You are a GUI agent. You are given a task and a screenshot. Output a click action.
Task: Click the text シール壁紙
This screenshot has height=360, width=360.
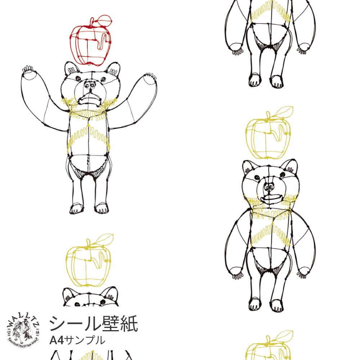point(93,323)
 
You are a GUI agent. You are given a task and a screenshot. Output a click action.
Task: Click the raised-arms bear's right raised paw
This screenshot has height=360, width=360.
point(149,79)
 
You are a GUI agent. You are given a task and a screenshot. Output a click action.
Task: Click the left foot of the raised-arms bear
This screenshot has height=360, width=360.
point(76,208)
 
